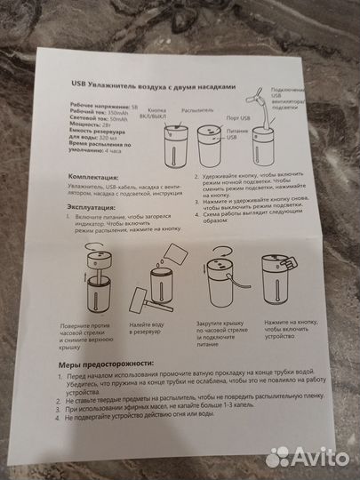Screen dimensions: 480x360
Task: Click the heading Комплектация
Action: click(93, 178)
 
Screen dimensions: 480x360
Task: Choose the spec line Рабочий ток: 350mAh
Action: click(96, 112)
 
